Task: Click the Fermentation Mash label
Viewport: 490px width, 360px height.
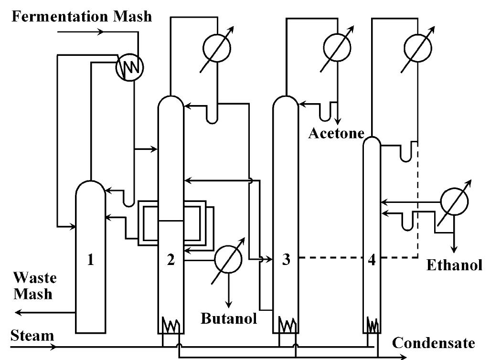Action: pyautogui.click(x=82, y=16)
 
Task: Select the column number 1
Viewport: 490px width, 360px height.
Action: pyautogui.click(x=90, y=260)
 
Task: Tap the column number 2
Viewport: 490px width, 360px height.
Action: pyautogui.click(x=171, y=260)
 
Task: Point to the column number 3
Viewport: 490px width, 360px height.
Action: pyautogui.click(x=286, y=260)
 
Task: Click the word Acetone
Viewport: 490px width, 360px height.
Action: pyautogui.click(x=336, y=133)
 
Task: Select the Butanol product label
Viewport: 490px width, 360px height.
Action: pyautogui.click(x=229, y=318)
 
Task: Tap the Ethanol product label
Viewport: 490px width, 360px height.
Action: pyautogui.click(x=454, y=265)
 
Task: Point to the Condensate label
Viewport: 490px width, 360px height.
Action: pyautogui.click(x=434, y=343)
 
